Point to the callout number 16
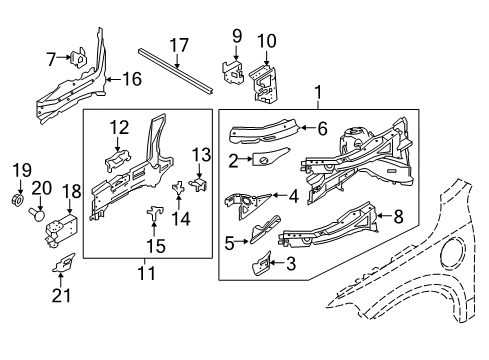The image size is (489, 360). click(x=132, y=76)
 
